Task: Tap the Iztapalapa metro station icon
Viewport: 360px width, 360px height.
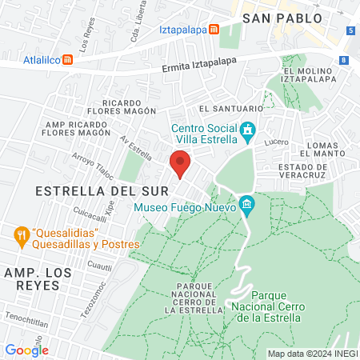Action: pos(214,30)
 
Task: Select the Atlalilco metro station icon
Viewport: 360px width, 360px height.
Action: pos(69,59)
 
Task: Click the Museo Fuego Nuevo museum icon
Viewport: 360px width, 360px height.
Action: pos(247,206)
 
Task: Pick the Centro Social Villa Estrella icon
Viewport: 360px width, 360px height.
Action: pos(248,129)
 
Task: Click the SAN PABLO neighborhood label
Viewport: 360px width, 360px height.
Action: pos(282,18)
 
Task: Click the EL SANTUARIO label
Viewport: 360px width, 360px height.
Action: pos(231,108)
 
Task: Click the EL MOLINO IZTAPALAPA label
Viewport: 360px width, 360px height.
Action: pos(313,76)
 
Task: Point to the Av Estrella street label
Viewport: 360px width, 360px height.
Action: pos(136,146)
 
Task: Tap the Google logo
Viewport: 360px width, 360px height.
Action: pos(26,350)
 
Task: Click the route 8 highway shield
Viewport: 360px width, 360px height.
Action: pos(343,60)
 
